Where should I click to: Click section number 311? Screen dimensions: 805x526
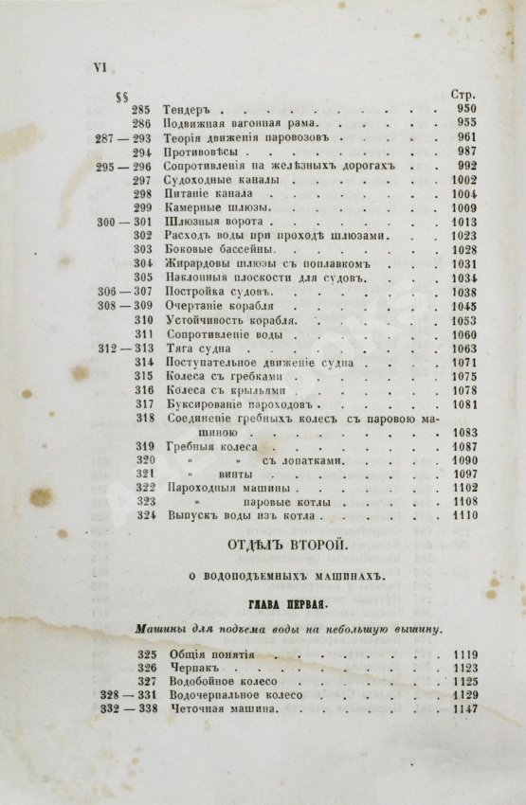coord(144,334)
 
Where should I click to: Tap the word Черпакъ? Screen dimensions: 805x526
coord(191,667)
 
